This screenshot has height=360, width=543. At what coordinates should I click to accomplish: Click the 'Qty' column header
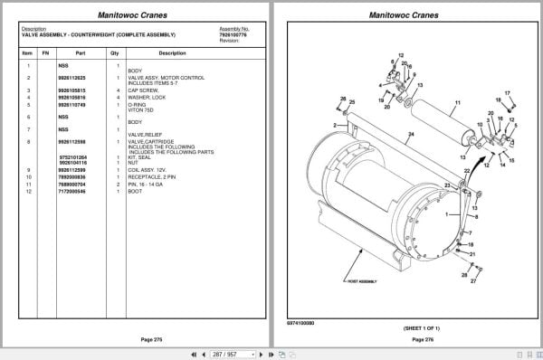115,53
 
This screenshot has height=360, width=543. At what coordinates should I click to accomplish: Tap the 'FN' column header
46,53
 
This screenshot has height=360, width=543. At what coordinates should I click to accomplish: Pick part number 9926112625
71,79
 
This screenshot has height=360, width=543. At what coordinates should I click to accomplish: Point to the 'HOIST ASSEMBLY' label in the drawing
359,281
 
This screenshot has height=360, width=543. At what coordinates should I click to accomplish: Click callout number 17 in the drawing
508,93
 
